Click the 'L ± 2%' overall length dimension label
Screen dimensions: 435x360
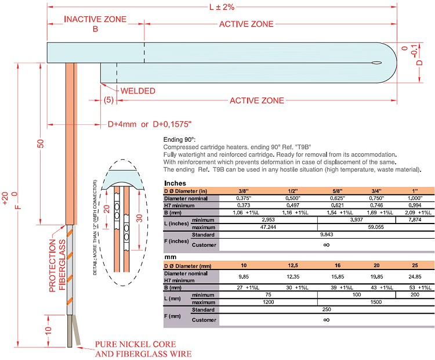[222, 6]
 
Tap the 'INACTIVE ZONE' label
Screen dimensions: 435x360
[95, 19]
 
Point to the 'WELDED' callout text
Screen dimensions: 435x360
[138, 91]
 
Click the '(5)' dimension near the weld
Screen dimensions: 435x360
[108, 100]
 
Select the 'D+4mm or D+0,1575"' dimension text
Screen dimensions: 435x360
[150, 124]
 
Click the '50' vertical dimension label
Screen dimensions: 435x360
[41, 143]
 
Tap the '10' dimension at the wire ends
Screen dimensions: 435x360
[48, 331]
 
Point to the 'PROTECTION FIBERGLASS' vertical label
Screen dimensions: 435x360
[57, 265]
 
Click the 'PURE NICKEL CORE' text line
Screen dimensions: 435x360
[135, 344]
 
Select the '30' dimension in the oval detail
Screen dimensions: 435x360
[139, 218]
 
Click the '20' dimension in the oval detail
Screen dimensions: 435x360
[107, 209]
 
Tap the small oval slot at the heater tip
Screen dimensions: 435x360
[376, 63]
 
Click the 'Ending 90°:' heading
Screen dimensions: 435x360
[179, 139]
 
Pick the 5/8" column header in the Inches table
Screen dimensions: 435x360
[338, 191]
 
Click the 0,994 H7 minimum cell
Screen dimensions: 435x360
[415, 206]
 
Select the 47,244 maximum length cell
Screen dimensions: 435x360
[269, 227]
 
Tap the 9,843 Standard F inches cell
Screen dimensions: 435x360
[327, 235]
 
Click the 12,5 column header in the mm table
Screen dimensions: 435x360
[293, 265]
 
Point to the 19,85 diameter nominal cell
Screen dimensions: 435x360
[376, 276]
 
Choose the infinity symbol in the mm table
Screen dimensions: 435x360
[327, 320]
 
